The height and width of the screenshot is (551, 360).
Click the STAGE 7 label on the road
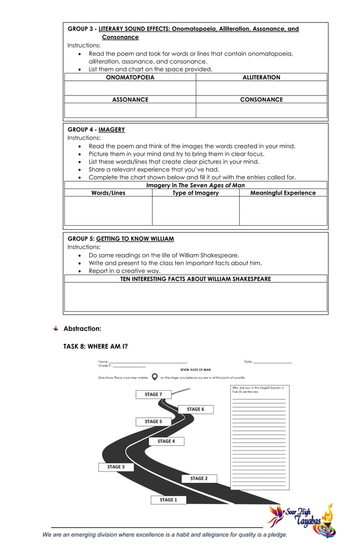(153, 395)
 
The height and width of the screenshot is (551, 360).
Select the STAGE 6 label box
(195, 409)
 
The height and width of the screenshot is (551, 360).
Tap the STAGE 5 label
(153, 422)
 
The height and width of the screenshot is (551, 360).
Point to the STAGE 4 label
(166, 441)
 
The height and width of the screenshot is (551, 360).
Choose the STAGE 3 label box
(116, 467)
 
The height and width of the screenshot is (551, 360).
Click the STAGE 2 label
(199, 479)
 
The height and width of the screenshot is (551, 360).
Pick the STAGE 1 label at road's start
(168, 500)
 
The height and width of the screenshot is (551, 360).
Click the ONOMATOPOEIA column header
(130, 77)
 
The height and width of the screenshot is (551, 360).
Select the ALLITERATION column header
(261, 77)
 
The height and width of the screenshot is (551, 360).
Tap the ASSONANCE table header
(130, 99)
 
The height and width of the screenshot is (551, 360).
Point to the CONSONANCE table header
(261, 99)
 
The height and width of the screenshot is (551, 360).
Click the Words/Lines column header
(108, 193)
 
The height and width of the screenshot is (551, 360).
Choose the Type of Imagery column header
(195, 193)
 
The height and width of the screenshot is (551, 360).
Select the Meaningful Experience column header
(283, 193)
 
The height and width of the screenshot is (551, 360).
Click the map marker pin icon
(154, 377)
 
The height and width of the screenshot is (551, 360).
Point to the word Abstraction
(82, 329)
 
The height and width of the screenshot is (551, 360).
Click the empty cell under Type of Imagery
(195, 211)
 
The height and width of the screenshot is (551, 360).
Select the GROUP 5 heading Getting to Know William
(121, 239)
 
